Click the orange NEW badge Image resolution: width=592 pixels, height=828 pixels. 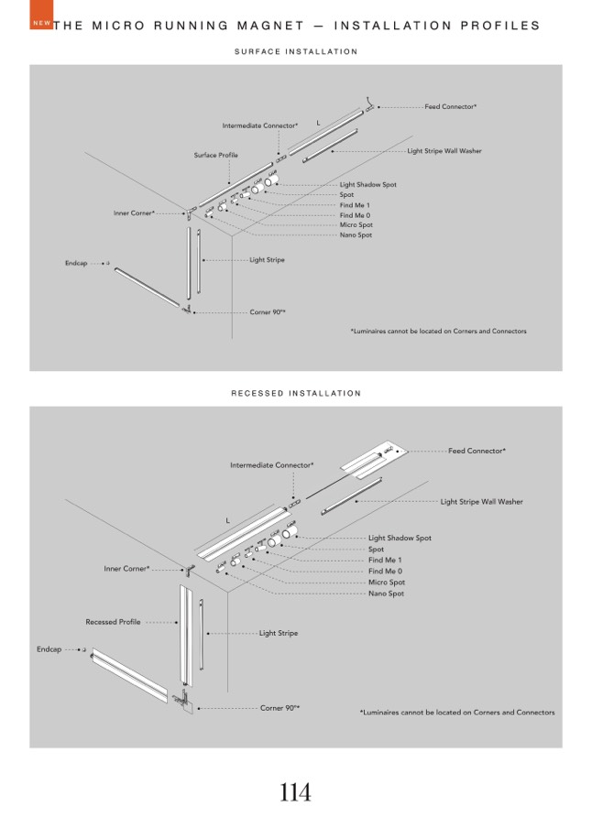[x=39, y=22]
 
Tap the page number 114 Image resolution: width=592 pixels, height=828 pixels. [x=295, y=792]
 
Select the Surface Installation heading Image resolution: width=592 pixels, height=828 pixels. [x=296, y=52]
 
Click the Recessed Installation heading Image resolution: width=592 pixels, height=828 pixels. [x=296, y=394]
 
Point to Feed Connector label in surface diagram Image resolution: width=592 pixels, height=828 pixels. [x=451, y=107]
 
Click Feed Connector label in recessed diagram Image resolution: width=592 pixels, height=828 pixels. [x=477, y=451]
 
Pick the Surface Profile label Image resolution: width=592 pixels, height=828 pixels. [x=215, y=156]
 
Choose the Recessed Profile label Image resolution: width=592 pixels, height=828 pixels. [x=113, y=622]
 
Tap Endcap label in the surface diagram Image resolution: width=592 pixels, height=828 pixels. [x=75, y=264]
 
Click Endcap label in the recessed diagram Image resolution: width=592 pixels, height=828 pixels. [x=49, y=649]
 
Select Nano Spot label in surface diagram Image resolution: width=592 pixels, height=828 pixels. [x=356, y=235]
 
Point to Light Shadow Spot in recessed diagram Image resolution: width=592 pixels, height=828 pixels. [x=400, y=539]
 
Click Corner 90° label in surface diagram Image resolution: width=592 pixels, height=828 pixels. [x=268, y=312]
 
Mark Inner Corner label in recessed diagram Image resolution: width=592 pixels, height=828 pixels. [x=126, y=569]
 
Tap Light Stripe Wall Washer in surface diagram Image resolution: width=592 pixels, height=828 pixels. [x=444, y=151]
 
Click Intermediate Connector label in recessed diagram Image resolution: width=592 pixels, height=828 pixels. [x=271, y=465]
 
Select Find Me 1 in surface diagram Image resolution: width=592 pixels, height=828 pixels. [x=355, y=205]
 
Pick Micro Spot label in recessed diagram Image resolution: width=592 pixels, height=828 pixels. [x=386, y=583]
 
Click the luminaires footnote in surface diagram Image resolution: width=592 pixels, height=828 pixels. [x=438, y=332]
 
